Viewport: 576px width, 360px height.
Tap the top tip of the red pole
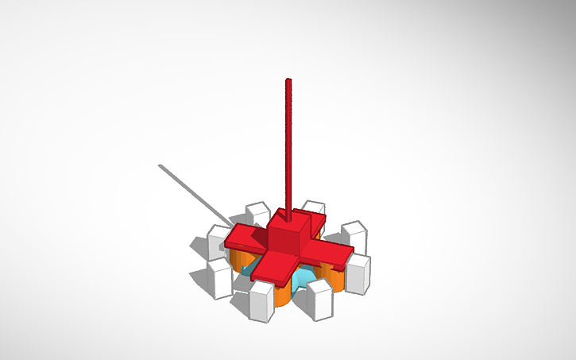pos(288,80)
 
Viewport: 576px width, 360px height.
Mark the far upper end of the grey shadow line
pos(161,166)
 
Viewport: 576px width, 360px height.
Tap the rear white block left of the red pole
pos(257,215)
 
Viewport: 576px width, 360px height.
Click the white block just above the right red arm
pos(354,234)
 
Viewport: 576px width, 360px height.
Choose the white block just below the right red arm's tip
pos(358,274)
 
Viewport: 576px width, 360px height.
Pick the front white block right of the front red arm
pos(321,300)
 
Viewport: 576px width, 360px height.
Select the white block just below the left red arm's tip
pos(220,277)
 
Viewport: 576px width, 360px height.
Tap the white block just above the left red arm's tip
pos(218,240)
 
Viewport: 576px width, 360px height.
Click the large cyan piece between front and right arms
pos(302,279)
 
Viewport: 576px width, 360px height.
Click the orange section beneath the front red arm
pos(280,295)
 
